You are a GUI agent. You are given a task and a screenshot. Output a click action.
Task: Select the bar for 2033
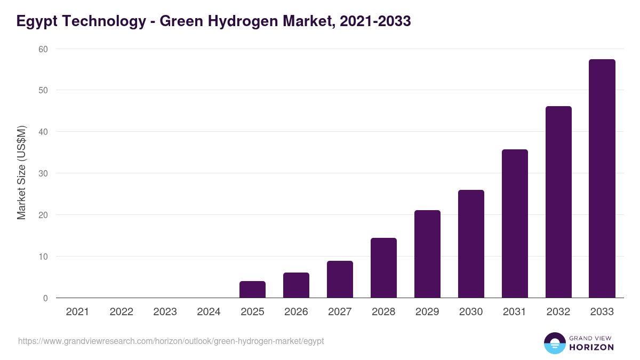click(602, 179)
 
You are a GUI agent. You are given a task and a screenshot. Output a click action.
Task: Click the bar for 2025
click(252, 290)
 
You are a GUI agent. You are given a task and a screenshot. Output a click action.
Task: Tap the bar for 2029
click(427, 254)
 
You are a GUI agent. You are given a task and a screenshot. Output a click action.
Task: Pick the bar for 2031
click(515, 224)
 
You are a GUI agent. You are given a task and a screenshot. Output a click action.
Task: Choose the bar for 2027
click(340, 279)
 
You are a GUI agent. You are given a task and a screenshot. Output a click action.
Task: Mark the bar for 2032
click(558, 202)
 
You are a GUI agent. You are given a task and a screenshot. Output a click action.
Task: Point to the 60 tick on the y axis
click(43, 49)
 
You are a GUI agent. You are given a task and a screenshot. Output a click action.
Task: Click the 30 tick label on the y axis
click(43, 173)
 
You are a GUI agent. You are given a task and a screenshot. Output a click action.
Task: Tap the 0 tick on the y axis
click(45, 298)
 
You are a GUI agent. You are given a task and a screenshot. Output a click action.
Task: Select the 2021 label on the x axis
click(77, 311)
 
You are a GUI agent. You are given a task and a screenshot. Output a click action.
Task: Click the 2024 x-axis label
click(209, 311)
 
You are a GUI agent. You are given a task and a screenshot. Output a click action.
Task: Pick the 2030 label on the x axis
click(471, 311)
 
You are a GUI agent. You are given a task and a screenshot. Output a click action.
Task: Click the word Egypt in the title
click(36, 21)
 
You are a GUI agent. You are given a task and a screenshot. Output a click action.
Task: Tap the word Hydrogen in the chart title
click(239, 21)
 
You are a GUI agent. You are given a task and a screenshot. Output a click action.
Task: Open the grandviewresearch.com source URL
click(171, 341)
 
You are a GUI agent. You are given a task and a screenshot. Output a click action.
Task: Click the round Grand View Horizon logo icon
click(554, 343)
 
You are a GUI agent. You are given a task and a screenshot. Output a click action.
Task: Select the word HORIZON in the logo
click(591, 347)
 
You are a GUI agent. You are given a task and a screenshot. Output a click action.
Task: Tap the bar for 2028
click(383, 268)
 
